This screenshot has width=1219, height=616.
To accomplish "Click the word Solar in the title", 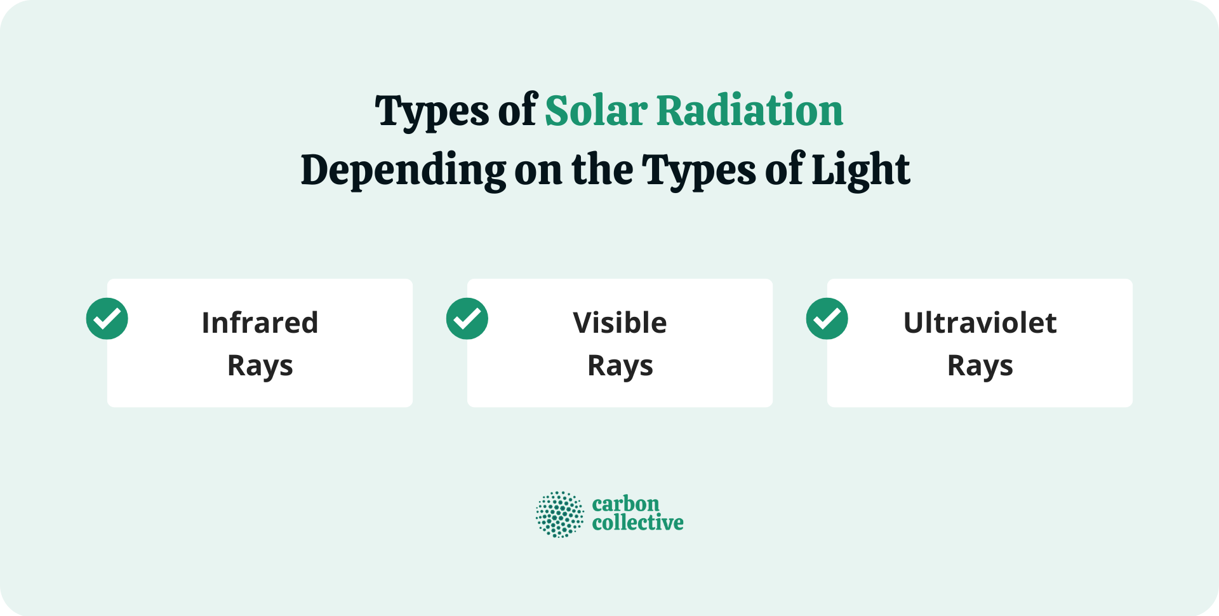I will point(596,111).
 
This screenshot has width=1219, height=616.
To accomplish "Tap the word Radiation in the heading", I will point(749,111).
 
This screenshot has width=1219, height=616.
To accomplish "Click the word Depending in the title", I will point(403,170).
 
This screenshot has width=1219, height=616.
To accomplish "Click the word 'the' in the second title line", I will point(602,170).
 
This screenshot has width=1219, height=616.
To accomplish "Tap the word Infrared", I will point(260,323).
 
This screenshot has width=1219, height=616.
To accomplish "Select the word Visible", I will point(620,323).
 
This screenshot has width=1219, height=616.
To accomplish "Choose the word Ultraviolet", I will point(980,323).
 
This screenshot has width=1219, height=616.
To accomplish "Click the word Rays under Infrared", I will point(260,366).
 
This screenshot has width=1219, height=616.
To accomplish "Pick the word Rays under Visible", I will point(620,366).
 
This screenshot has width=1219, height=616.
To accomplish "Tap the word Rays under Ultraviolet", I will point(980,366).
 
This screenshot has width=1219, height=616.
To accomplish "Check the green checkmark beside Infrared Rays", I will point(107,319).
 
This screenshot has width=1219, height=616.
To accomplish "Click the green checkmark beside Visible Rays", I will point(467,319).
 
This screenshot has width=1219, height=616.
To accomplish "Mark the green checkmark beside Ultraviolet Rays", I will point(827,319).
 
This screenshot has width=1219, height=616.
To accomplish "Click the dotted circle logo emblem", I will point(559,514).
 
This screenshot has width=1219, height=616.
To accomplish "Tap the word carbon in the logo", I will point(625,504).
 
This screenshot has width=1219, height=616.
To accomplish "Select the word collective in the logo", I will point(637,523).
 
